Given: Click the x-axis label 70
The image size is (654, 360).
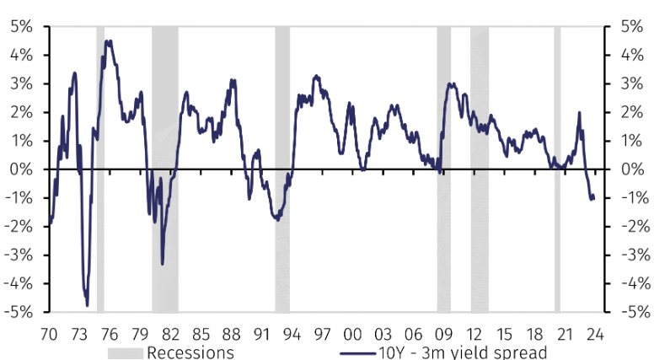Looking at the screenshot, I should click(x=49, y=331).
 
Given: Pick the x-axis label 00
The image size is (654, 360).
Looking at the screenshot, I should click(x=352, y=331).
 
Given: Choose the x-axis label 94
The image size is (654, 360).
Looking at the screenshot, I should click(x=292, y=331).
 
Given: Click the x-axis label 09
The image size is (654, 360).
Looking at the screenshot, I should click(x=444, y=331).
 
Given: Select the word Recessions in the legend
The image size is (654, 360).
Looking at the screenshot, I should click(x=190, y=352).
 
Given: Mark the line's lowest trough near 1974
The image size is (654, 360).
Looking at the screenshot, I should click(x=87, y=305).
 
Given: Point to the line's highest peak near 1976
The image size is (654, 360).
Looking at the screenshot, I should click(x=107, y=40).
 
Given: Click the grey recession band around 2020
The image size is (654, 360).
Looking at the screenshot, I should click(x=557, y=169).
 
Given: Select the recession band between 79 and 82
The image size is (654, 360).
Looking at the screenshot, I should click(x=165, y=169).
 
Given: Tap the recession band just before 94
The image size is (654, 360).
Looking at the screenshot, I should click(x=282, y=169).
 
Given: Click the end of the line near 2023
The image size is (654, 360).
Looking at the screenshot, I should click(x=594, y=196).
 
